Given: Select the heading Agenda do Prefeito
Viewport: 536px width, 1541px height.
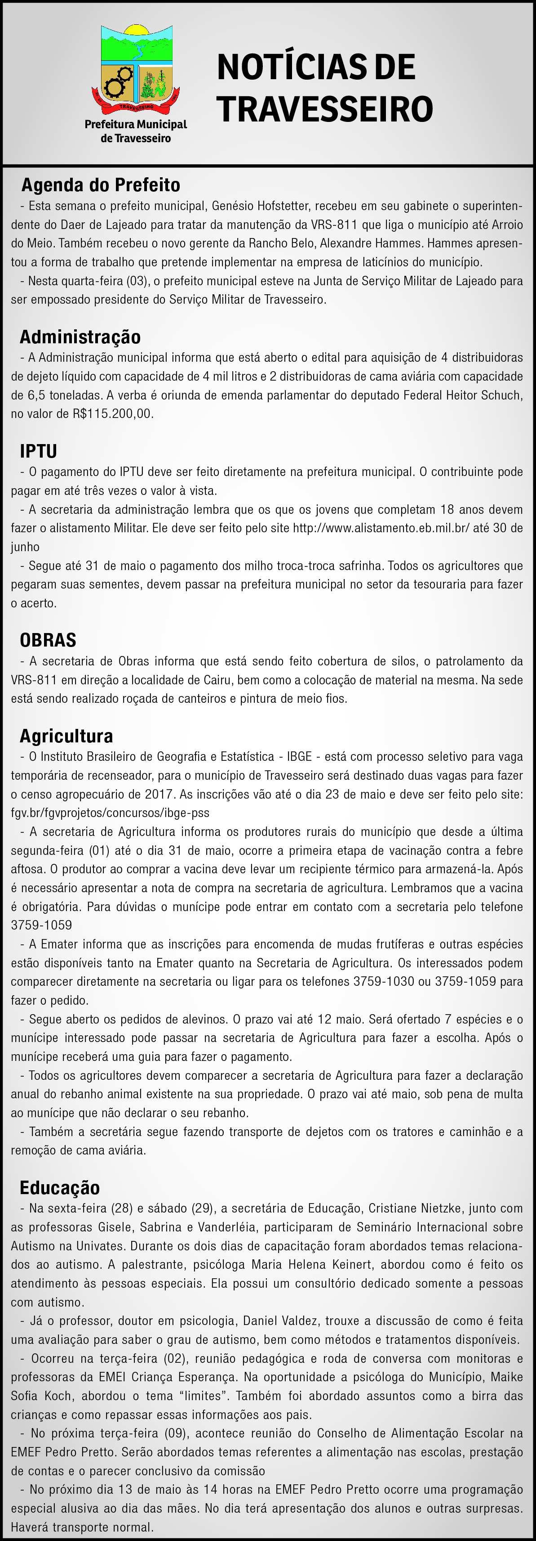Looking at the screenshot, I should pos(100,185).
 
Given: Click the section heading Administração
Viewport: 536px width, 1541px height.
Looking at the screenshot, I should pos(80,337).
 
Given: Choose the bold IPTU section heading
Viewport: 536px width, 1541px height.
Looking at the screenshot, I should pos(38,451).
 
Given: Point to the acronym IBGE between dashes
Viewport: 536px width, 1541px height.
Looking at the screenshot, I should pos(299,756).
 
